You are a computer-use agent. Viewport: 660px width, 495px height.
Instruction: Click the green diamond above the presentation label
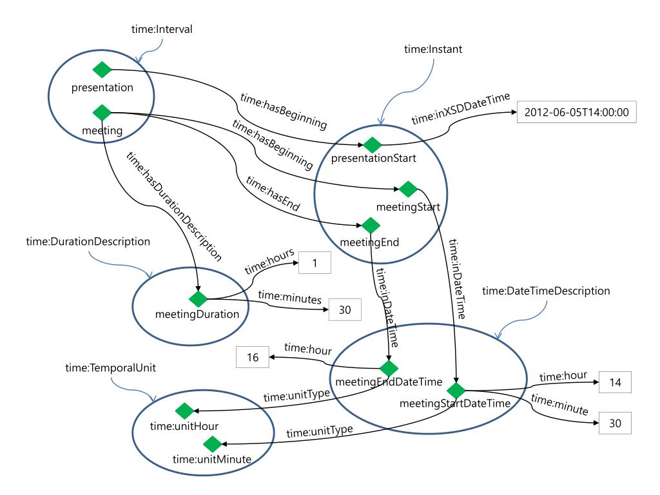tap(101, 70)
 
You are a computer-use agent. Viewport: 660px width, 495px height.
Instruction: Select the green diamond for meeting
tap(101, 112)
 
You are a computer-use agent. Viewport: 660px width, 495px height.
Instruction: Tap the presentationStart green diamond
tap(371, 142)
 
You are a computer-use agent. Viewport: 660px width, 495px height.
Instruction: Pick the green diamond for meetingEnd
tap(369, 226)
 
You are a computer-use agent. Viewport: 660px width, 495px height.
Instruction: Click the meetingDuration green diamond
tap(197, 298)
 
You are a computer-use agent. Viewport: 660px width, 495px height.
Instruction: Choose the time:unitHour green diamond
tap(184, 410)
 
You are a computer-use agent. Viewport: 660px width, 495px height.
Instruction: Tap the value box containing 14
tap(614, 383)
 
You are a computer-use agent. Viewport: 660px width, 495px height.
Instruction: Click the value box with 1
tap(313, 262)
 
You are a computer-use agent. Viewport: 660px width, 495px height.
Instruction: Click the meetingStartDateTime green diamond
tap(456, 390)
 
